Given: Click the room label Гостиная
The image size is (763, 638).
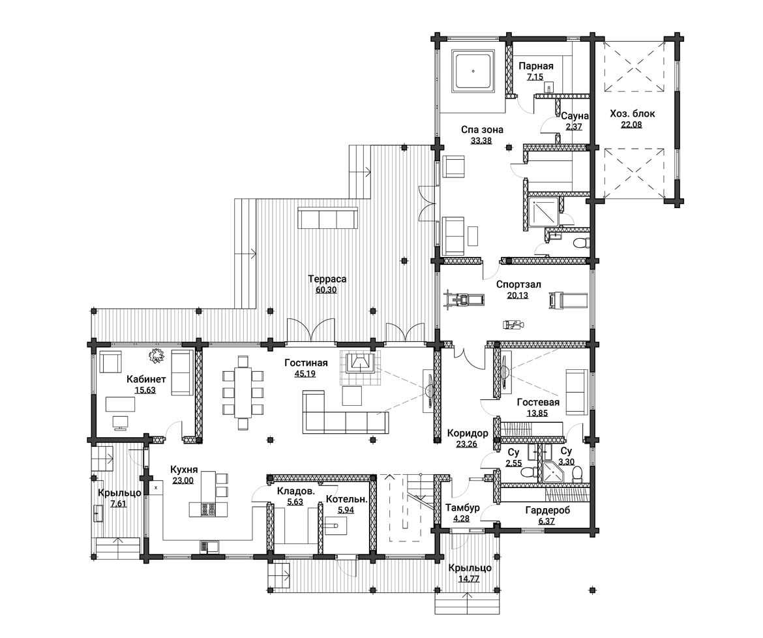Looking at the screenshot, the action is pos(306,363).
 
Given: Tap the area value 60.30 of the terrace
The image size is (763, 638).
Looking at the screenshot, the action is pos(325,290).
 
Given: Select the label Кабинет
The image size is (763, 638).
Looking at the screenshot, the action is pos(147,379).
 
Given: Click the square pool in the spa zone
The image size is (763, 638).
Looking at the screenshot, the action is pos(473,71).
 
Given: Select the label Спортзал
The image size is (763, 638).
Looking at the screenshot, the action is pos(518,284).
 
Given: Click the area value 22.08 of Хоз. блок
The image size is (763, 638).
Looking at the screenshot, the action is pos(632,125).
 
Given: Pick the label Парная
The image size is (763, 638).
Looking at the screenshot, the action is pos(536,66).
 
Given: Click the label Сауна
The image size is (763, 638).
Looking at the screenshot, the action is pos(575,116).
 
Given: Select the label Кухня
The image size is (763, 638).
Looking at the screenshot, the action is pos(184,470).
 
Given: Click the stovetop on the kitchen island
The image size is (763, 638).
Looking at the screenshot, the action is pos(209,509).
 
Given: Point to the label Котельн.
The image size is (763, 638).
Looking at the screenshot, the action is pos(346,499).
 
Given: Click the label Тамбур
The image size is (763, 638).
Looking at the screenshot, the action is pos(462,508).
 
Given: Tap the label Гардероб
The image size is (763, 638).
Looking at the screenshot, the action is pos(547,511).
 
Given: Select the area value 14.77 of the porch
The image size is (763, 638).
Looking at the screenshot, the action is pos(470,579).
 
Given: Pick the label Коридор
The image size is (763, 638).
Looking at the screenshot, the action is pos(468,433).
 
